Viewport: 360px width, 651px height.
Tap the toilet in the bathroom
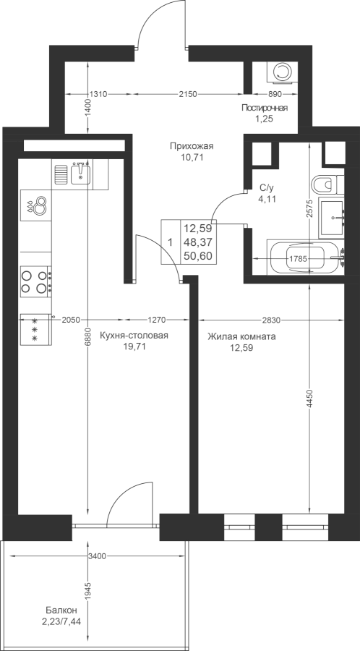327,184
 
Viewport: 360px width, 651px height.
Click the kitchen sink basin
80,173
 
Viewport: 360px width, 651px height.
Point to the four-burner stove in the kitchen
36,281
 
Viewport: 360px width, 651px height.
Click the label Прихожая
191,145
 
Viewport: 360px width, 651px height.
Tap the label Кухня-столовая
134,336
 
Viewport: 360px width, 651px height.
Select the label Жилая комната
241,336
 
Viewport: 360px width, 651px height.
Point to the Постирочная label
265,109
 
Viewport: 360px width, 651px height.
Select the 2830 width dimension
271,320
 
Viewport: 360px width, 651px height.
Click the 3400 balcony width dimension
98,556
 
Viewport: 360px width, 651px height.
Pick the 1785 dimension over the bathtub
298,259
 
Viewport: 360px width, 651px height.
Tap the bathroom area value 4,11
265,199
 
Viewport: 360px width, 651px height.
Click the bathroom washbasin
331,218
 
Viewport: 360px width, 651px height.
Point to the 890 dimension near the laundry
275,94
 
